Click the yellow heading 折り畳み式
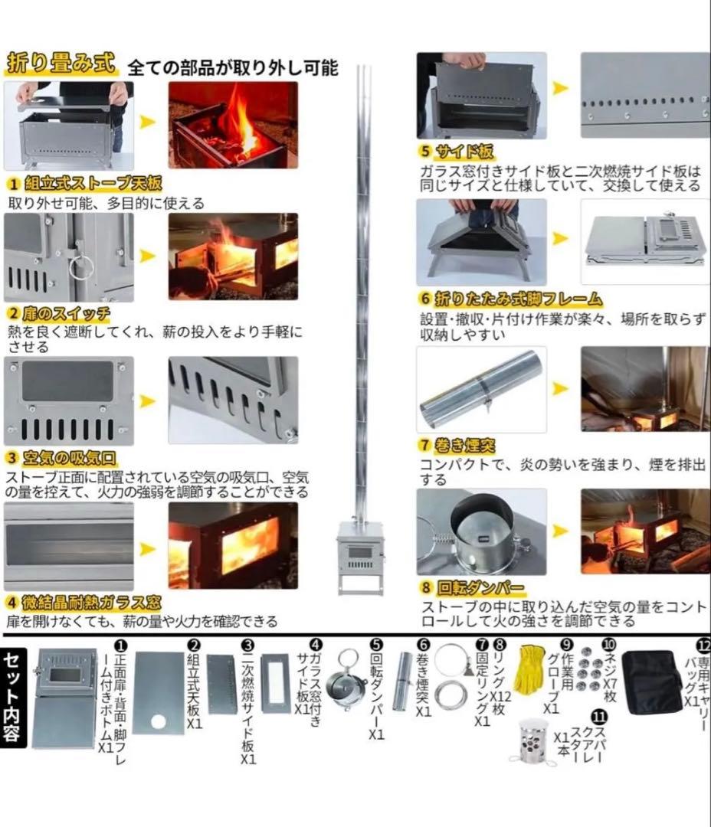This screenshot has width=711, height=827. click(x=61, y=64)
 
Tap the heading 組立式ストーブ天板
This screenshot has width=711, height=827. click(x=90, y=184)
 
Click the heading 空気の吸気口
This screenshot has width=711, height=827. click(x=68, y=458)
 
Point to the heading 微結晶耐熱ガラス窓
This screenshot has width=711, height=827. click(x=93, y=602)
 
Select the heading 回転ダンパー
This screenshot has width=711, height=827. click(x=480, y=589)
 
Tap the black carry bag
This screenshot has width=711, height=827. click(x=651, y=682)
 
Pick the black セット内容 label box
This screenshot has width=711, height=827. click(x=15, y=696)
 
